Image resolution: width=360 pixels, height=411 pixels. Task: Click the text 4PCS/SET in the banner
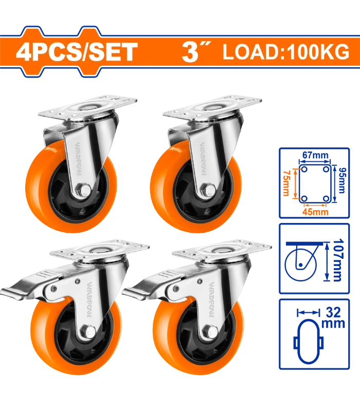point(77,52)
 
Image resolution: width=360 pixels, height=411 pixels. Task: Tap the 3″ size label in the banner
point(196,52)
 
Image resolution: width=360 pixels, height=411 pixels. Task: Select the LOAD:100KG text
point(286,52)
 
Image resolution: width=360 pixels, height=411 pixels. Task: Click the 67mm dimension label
point(315,155)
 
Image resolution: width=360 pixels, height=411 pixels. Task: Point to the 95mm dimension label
point(341,181)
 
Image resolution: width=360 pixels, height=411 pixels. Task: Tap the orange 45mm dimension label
point(315,212)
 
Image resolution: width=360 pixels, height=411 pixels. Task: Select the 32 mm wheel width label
point(333,317)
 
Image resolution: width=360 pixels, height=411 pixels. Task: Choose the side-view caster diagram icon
point(304,261)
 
